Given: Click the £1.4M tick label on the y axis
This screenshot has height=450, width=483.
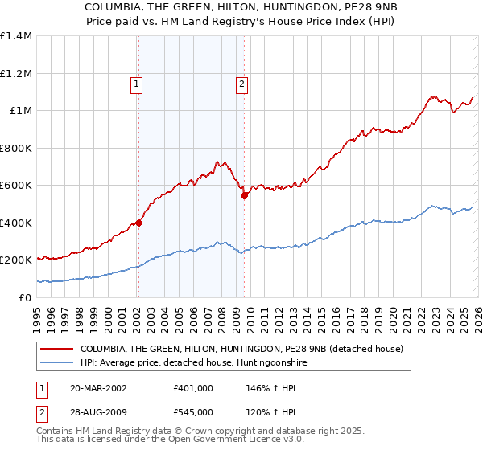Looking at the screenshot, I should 16,36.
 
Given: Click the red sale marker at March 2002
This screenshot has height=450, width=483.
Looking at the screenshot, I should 138,223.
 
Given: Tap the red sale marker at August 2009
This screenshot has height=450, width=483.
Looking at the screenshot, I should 244,195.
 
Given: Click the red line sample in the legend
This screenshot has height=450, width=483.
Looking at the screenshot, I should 57,349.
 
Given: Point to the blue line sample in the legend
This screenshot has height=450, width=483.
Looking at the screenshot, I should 57,363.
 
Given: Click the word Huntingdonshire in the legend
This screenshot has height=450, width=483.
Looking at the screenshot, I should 269,363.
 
